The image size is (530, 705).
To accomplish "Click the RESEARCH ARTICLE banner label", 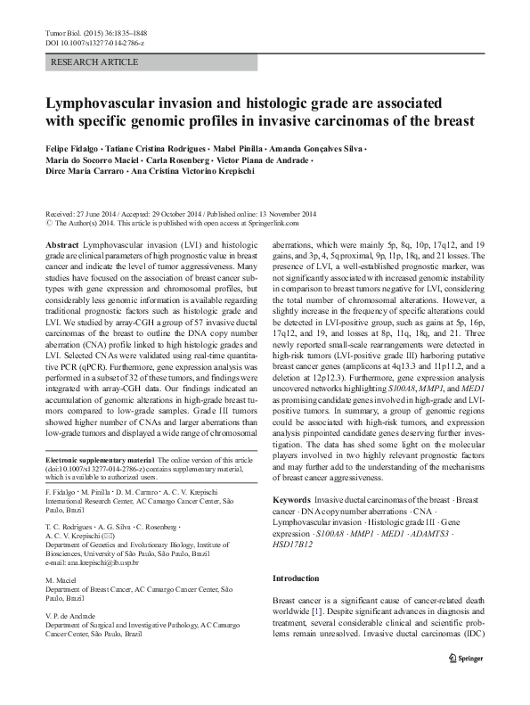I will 96,61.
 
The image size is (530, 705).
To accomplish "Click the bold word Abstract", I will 61,242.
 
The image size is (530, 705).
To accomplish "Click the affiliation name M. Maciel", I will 60,579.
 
